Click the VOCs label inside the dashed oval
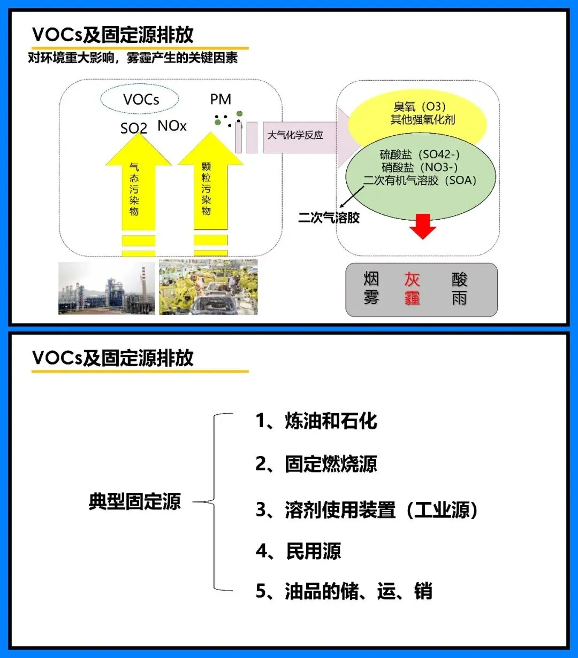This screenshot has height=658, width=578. pos(141,99)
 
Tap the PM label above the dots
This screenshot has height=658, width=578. pos(220,99)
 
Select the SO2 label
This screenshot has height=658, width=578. pos(134,128)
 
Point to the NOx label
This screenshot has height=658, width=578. pos(172,126)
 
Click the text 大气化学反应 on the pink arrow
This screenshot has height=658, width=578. pos(295,135)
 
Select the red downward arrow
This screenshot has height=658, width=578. pos(422,226)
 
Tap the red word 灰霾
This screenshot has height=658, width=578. pos(412,289)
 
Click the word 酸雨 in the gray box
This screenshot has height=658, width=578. pos(459,289)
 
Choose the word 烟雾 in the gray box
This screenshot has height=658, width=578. pos(371,288)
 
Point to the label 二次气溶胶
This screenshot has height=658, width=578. pos(329,218)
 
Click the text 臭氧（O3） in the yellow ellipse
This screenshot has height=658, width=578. pos(420,106)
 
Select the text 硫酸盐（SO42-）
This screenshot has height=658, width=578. pos(420,154)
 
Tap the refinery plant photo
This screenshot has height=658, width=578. pos(107,288)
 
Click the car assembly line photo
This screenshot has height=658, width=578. pos(208,287)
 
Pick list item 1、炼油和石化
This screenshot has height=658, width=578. pos(316,421)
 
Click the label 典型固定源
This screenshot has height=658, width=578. pos(135,501)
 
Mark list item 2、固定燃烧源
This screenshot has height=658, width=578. pos(316,463)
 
